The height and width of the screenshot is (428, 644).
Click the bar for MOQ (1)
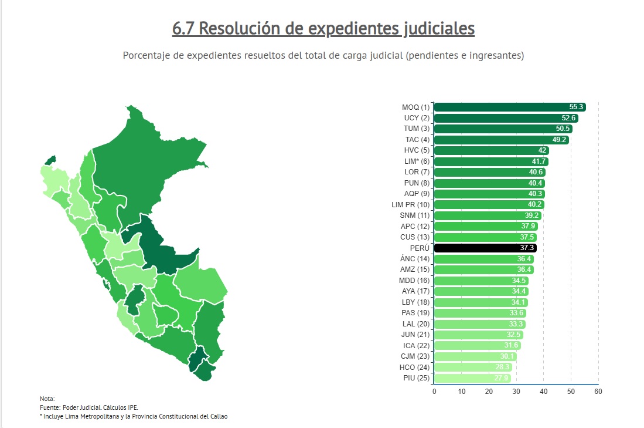point(510,107)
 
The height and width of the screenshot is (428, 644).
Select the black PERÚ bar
point(485,248)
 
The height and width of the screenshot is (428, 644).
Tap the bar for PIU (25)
point(472,378)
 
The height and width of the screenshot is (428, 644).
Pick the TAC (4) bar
point(501,140)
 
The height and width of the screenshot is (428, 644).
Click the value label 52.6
point(570,118)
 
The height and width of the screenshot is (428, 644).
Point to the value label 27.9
point(502,378)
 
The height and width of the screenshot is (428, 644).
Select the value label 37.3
point(527,248)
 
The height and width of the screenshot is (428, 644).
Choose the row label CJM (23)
point(415,356)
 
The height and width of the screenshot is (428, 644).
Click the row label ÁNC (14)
point(415,259)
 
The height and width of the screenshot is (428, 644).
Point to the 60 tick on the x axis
point(598,391)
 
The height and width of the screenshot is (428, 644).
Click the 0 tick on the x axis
point(434,391)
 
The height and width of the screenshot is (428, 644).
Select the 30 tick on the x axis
point(516,391)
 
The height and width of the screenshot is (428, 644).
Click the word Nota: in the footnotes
point(47,399)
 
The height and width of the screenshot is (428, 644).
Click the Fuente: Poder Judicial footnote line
point(89,407)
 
